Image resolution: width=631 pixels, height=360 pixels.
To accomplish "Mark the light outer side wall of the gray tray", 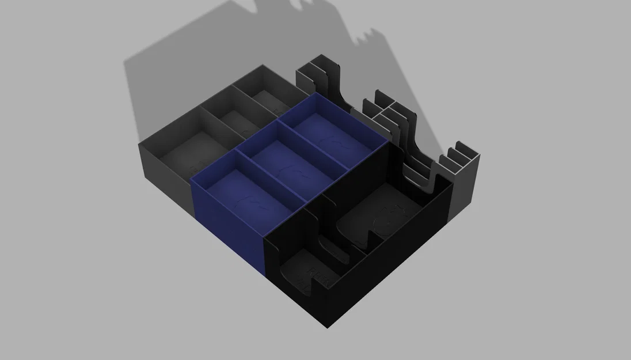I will tap(164, 173).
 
